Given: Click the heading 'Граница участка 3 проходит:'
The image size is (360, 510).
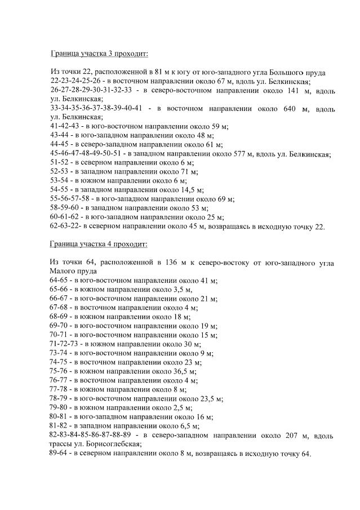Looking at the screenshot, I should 99,54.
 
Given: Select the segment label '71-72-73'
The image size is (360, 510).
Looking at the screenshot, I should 63,344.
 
